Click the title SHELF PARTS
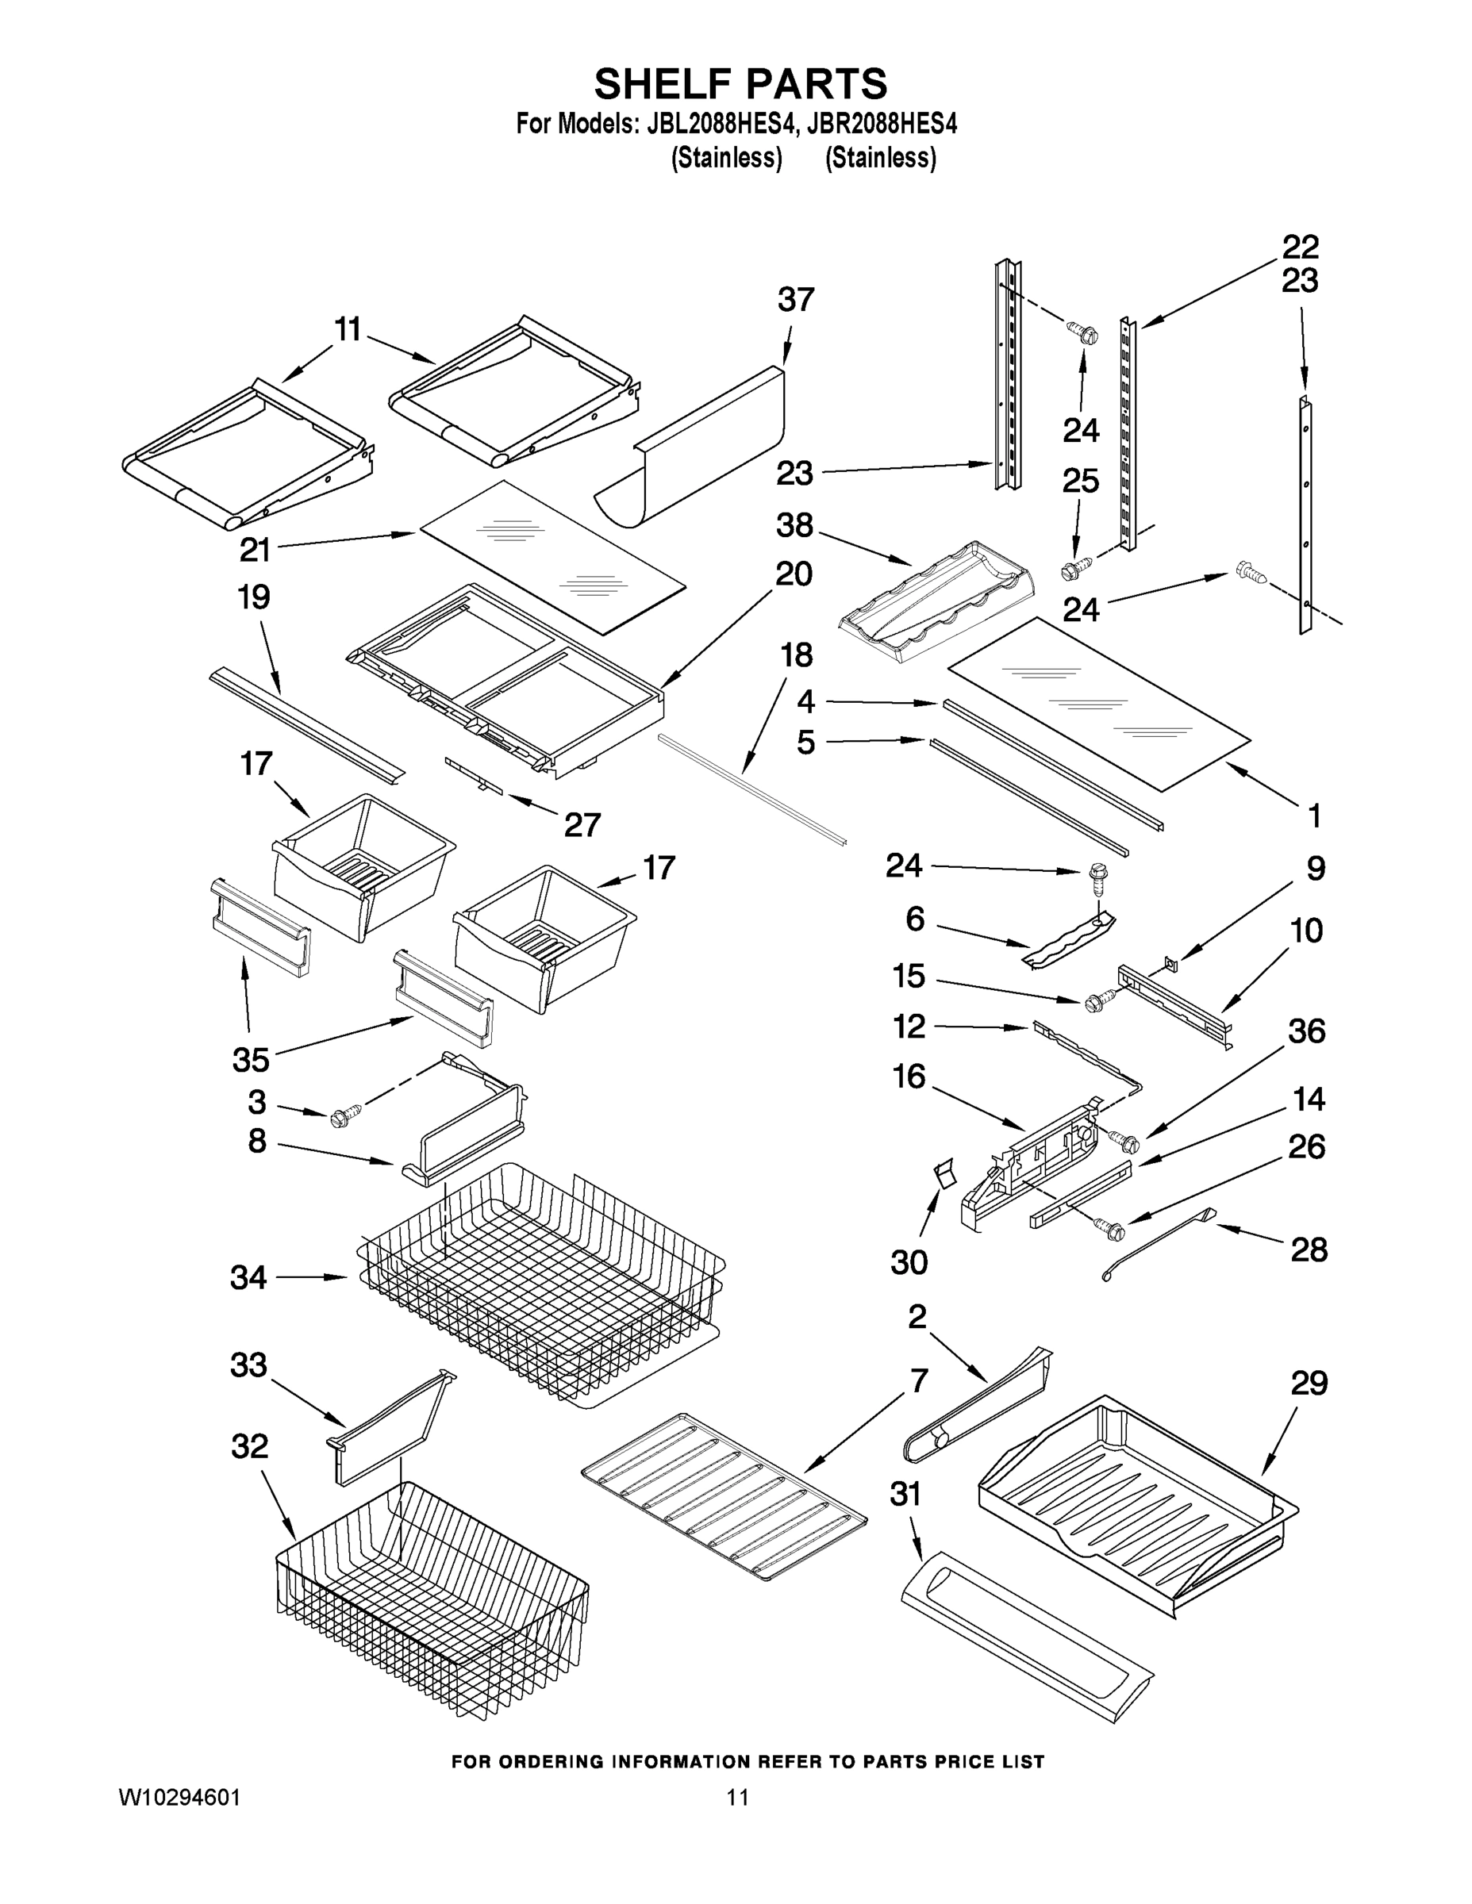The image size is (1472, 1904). pyautogui.click(x=740, y=85)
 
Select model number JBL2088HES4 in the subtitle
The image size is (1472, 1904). pyautogui.click(x=721, y=124)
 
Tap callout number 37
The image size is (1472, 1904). pyautogui.click(x=795, y=300)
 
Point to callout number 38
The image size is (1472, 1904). pyautogui.click(x=794, y=526)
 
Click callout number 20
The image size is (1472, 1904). pyautogui.click(x=794, y=574)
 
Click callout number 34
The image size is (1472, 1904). pyautogui.click(x=248, y=1278)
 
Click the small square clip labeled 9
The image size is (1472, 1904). pyautogui.click(x=1170, y=962)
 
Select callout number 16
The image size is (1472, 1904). pyautogui.click(x=909, y=1077)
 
